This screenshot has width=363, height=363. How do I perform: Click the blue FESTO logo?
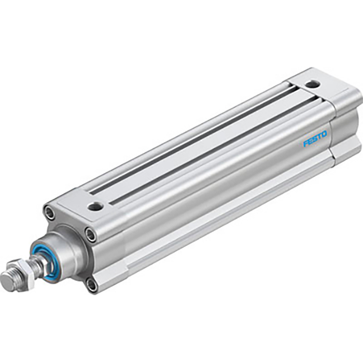click(x=315, y=139)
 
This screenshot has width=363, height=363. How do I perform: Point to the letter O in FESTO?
click(x=324, y=134)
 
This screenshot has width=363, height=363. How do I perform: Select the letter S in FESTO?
click(x=315, y=139)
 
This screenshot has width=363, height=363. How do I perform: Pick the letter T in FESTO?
click(x=319, y=136)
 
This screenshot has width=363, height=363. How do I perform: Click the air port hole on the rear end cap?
click(x=312, y=83)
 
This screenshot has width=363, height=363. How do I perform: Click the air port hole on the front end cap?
click(x=95, y=206)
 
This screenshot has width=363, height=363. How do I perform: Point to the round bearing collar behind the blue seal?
click(x=65, y=252)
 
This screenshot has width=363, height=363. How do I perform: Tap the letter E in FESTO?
click(x=310, y=142)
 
